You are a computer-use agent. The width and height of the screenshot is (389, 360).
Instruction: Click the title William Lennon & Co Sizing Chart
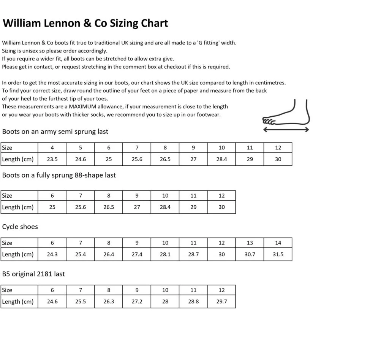(x=85, y=23)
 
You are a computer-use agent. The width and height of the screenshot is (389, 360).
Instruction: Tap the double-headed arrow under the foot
(x=286, y=130)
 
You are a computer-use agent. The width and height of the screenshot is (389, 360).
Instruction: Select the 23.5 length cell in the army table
(x=52, y=159)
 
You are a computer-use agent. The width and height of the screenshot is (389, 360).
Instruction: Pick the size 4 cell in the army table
(x=52, y=147)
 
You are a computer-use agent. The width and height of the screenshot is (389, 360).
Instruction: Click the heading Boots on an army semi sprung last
(x=55, y=132)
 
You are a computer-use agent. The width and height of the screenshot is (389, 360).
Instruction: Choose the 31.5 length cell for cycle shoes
(x=278, y=254)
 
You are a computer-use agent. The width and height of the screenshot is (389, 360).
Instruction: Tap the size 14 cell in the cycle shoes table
(x=278, y=243)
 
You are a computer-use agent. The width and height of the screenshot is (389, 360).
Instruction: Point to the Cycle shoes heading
(x=20, y=227)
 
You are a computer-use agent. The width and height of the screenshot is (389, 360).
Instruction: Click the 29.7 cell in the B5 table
(x=221, y=301)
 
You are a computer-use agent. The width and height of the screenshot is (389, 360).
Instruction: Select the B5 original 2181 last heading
(x=33, y=274)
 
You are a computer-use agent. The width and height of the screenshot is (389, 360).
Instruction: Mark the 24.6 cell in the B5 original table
(x=52, y=301)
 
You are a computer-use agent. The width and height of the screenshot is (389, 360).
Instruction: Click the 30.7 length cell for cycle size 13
(x=250, y=254)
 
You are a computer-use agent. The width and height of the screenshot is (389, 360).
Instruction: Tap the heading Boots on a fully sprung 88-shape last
(x=59, y=175)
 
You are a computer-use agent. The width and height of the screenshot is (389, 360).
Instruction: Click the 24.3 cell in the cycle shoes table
(x=52, y=254)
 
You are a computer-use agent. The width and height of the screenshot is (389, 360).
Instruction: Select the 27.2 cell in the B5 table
(x=137, y=301)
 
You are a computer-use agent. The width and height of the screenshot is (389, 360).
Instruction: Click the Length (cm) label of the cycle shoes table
(x=18, y=254)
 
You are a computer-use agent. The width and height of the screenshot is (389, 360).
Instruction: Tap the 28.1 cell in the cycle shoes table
(x=165, y=254)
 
